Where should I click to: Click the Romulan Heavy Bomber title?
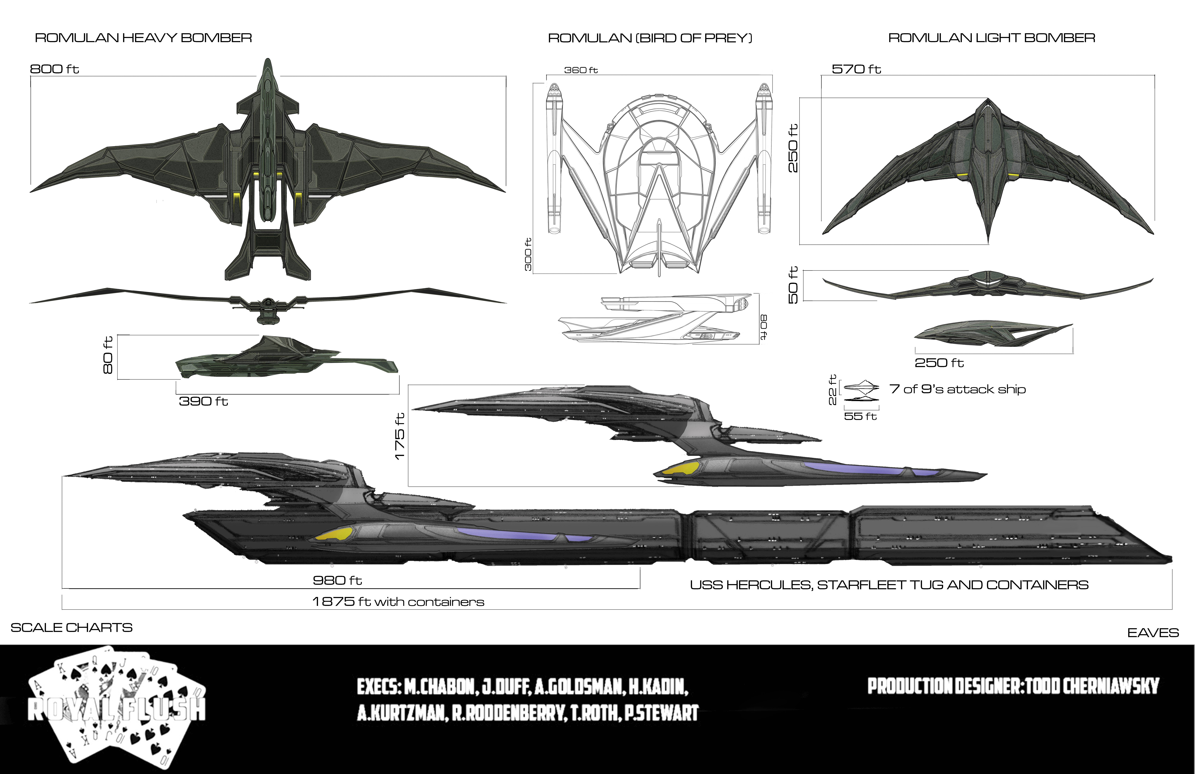(x=143, y=38)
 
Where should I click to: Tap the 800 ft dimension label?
(x=54, y=69)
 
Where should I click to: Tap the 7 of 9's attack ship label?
(x=957, y=389)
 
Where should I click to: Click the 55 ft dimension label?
(x=860, y=416)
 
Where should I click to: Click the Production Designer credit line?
(x=1013, y=686)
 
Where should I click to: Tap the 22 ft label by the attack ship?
(x=833, y=390)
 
